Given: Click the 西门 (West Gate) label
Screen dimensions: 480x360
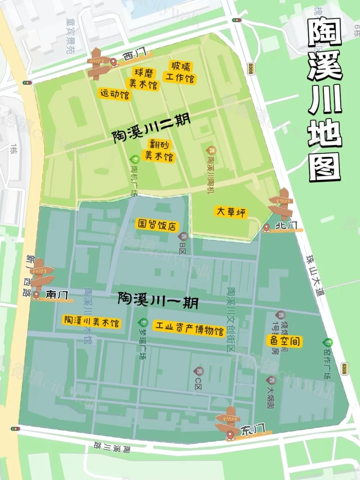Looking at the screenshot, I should (x=135, y=55).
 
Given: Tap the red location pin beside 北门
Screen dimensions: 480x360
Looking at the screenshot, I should (x=266, y=228).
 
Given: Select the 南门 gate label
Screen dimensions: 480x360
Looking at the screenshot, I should (x=57, y=295).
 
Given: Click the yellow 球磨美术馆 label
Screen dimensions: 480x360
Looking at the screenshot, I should (x=144, y=78).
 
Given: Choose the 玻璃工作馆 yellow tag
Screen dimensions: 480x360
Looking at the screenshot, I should (x=180, y=72).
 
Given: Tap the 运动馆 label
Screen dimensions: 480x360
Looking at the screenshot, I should (x=114, y=94).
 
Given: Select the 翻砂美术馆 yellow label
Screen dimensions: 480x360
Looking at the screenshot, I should (x=159, y=151).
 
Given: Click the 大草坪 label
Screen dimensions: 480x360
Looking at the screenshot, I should (x=231, y=211).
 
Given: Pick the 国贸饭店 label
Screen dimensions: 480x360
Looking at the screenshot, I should (x=157, y=225).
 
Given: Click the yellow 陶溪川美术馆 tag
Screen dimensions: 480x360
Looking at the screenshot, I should (x=91, y=321).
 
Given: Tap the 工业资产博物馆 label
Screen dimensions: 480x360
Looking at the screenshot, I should (x=189, y=328).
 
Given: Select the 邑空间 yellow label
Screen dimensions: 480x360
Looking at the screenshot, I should (x=285, y=341).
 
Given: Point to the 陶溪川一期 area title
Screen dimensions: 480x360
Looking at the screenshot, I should (x=158, y=300).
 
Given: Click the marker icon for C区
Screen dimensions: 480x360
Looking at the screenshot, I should (x=198, y=371).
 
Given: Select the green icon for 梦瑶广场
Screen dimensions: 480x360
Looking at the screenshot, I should (x=143, y=322).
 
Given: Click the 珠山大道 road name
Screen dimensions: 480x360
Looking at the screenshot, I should (x=315, y=275).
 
